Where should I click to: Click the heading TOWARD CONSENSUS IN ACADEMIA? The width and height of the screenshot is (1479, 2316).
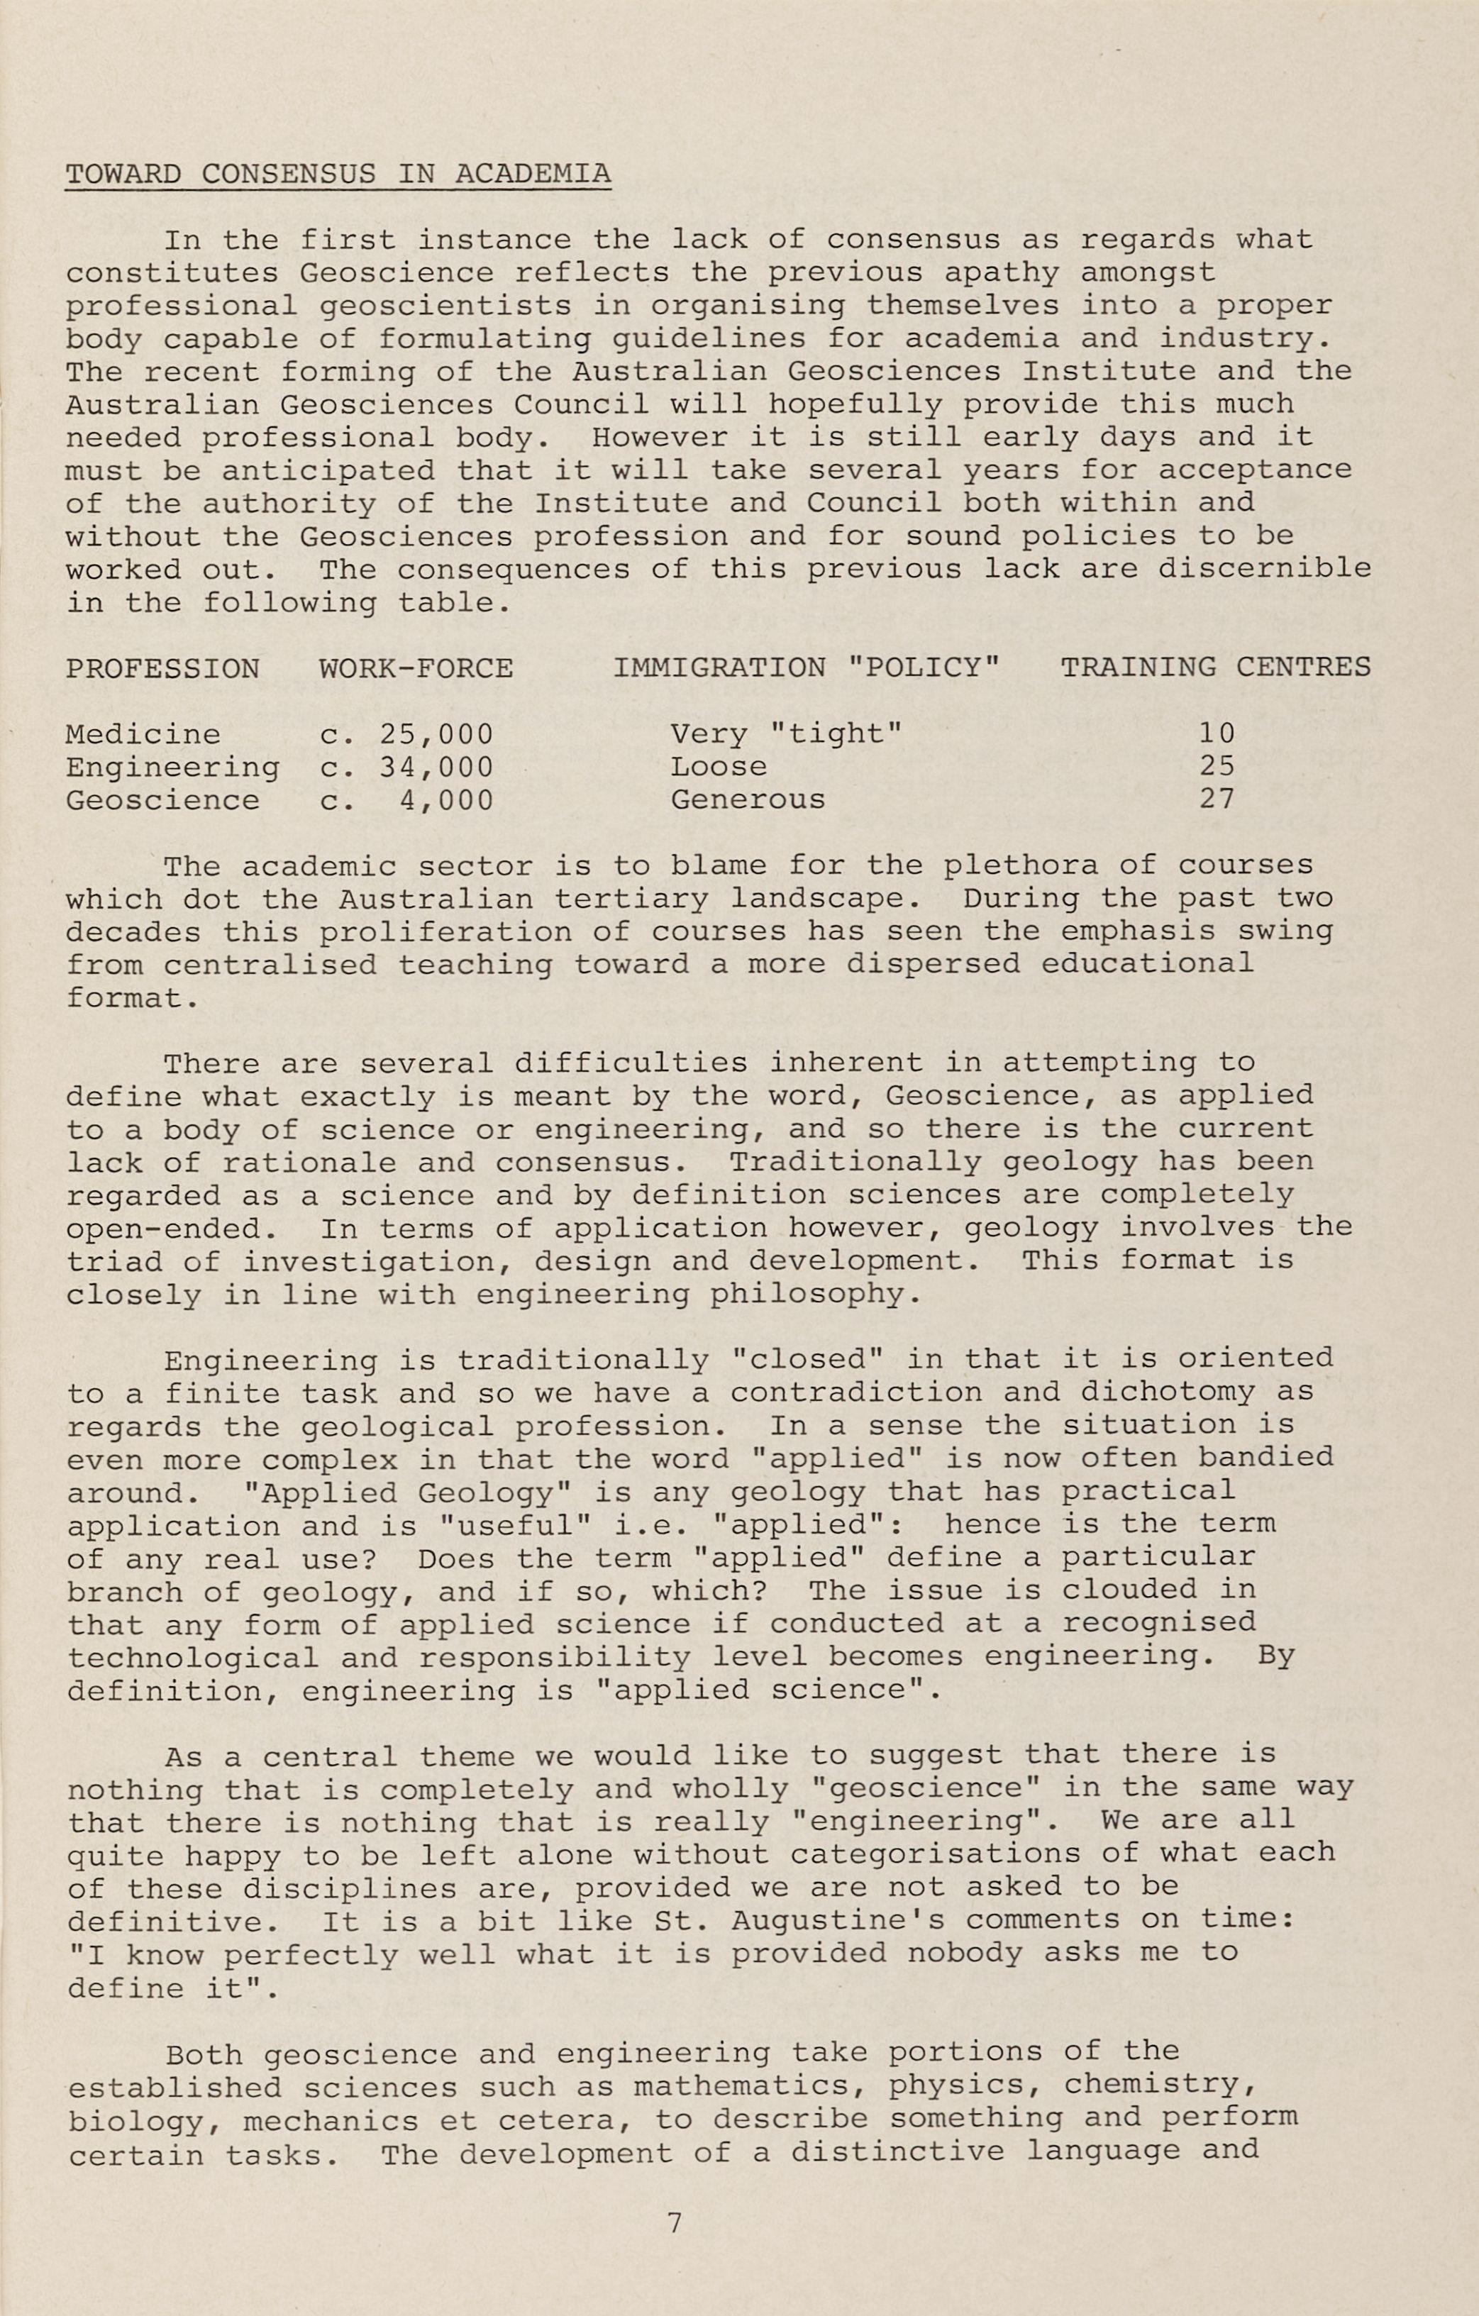[x=338, y=174]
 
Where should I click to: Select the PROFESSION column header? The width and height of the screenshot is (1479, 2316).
[x=162, y=668]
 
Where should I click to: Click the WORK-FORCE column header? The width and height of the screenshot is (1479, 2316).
[x=416, y=668]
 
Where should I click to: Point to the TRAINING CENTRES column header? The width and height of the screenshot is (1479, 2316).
[x=1216, y=667]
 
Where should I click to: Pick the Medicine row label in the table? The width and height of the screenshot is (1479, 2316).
[x=143, y=735]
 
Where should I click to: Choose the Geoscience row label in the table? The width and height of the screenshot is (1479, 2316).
[x=162, y=800]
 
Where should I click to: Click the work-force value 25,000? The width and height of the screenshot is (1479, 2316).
[x=436, y=735]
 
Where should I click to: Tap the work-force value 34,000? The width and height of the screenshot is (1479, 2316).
[x=436, y=768]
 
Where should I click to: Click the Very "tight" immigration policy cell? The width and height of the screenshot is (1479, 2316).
[x=787, y=735]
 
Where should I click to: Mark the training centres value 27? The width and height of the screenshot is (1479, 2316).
[x=1217, y=799]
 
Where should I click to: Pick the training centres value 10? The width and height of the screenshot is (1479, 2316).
[x=1217, y=734]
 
